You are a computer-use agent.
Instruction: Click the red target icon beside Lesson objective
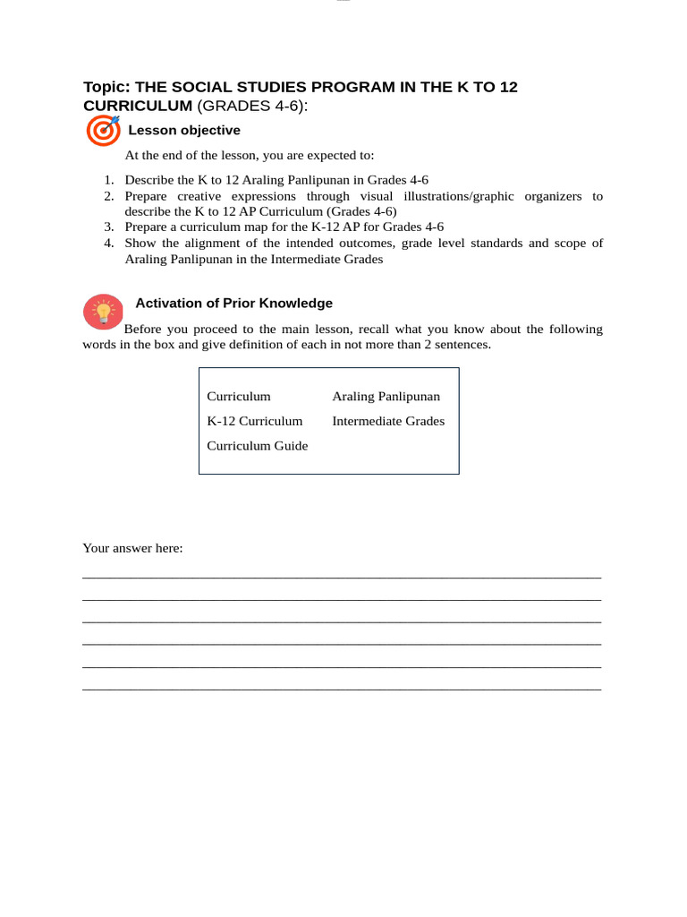(x=103, y=131)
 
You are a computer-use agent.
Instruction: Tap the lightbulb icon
(x=103, y=313)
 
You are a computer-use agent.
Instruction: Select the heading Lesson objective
(x=184, y=131)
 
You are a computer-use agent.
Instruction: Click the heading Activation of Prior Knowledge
(x=233, y=304)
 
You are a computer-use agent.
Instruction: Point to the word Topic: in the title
(x=106, y=87)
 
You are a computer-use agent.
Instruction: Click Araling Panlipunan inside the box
(x=386, y=397)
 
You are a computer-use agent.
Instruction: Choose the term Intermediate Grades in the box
(x=388, y=421)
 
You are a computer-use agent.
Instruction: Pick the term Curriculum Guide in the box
(x=257, y=446)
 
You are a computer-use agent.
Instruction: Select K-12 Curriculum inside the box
(x=254, y=421)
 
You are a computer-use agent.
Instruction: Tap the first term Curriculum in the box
(x=238, y=397)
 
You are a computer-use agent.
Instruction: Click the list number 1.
(x=108, y=180)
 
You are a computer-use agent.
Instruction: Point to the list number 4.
(x=108, y=243)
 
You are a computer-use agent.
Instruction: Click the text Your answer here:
(x=132, y=548)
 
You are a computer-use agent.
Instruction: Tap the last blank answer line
(x=342, y=689)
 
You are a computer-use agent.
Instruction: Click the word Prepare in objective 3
(x=146, y=227)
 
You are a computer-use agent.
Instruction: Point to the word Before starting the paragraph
(x=144, y=330)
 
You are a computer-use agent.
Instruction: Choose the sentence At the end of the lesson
(x=250, y=156)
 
